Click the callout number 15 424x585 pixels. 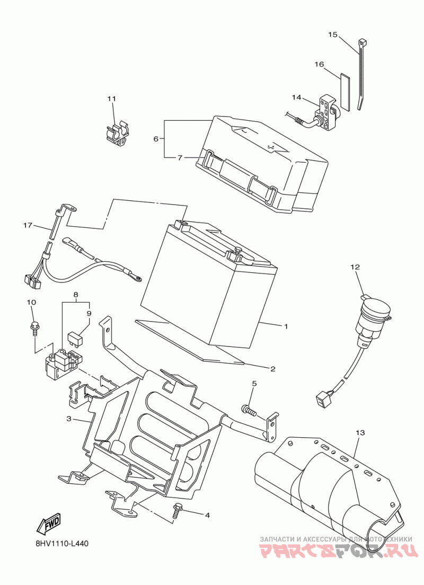(332, 34)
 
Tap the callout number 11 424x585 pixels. (112, 99)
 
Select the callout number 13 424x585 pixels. (360, 433)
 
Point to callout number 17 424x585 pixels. (28, 225)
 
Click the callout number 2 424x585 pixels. (273, 369)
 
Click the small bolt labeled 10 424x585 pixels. (35, 328)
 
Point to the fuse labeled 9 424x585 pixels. (75, 338)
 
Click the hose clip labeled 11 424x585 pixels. (117, 133)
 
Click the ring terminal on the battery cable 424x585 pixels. (136, 277)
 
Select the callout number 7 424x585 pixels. (180, 158)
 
